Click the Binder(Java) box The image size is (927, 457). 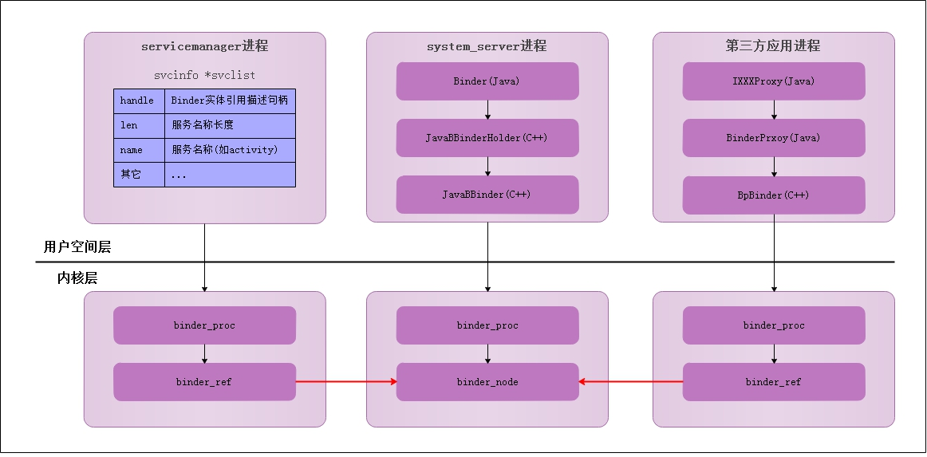(487, 81)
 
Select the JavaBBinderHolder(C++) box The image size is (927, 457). (487, 138)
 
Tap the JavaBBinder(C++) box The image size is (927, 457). (487, 195)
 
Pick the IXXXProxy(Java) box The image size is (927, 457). (773, 81)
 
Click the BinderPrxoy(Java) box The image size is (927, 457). (773, 138)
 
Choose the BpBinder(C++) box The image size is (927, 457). (773, 195)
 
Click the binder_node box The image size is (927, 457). (487, 382)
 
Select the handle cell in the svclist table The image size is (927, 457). (139, 101)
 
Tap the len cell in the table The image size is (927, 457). (139, 125)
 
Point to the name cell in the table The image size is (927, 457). (139, 150)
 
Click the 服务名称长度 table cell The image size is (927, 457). (230, 125)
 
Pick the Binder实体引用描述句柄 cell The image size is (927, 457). (230, 101)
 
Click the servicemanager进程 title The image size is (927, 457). (204, 46)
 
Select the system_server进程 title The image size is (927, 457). (487, 46)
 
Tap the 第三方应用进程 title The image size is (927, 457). (773, 46)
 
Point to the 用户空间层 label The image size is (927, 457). (77, 247)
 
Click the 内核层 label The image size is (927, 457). (77, 278)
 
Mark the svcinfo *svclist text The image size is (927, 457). (204, 75)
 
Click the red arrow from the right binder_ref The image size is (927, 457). (630, 382)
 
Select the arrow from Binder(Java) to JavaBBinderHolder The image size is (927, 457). (487, 109)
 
